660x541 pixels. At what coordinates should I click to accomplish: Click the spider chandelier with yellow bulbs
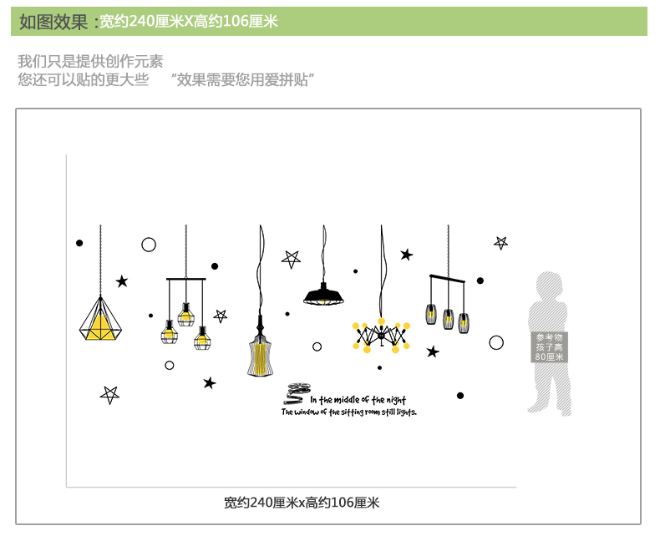click(381, 335)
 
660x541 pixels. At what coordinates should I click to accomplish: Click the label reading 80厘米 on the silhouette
click(549, 357)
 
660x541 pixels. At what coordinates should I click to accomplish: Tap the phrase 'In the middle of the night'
click(358, 400)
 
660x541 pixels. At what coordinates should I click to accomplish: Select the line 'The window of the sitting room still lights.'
click(348, 412)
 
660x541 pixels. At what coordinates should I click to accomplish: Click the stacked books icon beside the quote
click(297, 393)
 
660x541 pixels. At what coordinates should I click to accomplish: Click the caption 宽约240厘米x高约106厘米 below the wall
click(302, 503)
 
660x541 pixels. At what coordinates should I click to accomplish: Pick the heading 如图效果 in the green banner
click(53, 22)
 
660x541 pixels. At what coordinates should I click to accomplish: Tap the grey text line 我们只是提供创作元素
click(90, 61)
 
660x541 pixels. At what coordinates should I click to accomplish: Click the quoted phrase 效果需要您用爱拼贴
click(242, 80)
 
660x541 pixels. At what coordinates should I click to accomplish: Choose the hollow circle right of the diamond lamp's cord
click(149, 245)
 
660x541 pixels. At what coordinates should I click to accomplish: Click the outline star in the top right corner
click(501, 242)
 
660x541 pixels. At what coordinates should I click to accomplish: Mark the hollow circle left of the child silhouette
click(496, 342)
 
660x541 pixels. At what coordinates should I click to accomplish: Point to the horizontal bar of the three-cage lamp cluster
click(185, 279)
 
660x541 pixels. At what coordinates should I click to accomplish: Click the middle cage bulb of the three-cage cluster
click(185, 316)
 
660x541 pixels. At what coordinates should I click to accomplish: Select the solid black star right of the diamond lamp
click(122, 281)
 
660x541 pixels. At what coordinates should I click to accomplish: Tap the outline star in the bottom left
click(109, 394)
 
